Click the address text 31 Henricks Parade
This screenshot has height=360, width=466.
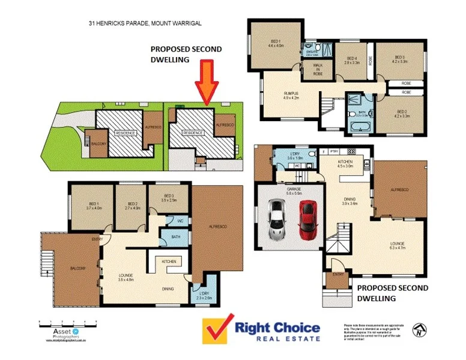pyautogui.click(x=144, y=23)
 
